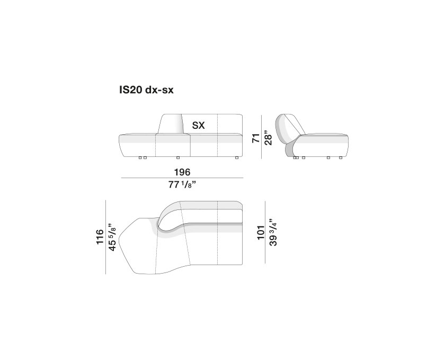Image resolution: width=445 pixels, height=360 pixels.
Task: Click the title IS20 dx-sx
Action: (x=146, y=90)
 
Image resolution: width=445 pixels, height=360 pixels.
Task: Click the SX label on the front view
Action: (x=198, y=125)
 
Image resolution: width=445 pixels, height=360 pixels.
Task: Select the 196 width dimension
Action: (x=182, y=172)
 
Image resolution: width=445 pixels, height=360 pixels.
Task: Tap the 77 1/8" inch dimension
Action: (x=182, y=185)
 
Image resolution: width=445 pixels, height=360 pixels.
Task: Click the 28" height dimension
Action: (x=268, y=138)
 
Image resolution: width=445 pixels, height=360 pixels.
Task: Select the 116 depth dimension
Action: (x=100, y=236)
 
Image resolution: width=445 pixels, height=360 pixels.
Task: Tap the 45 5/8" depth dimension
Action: (x=112, y=237)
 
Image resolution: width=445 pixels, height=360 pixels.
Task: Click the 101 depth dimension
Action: (x=261, y=233)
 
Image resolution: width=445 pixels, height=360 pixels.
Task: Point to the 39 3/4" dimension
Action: (x=272, y=232)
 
